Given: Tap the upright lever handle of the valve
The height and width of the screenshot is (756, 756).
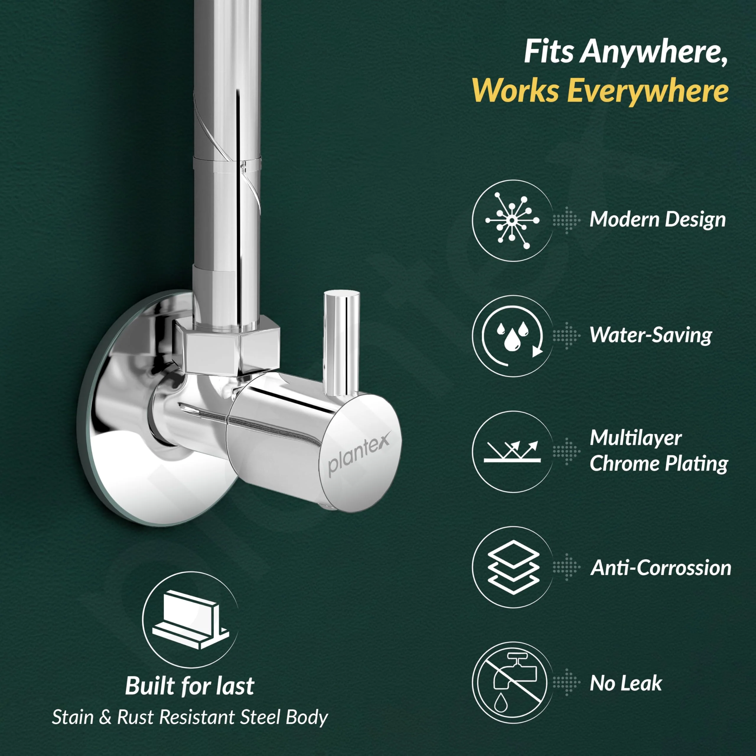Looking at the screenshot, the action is tap(340, 343).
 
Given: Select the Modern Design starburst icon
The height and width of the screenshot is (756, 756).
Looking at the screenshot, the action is tap(512, 221).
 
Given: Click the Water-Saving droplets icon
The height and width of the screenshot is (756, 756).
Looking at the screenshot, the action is tap(512, 336).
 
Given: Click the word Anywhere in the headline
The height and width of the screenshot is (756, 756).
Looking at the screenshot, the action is tap(654, 52).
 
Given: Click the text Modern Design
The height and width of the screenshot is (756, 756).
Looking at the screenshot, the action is tap(658, 219).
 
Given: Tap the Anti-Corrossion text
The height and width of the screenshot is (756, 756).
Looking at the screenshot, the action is tap(661, 568).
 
